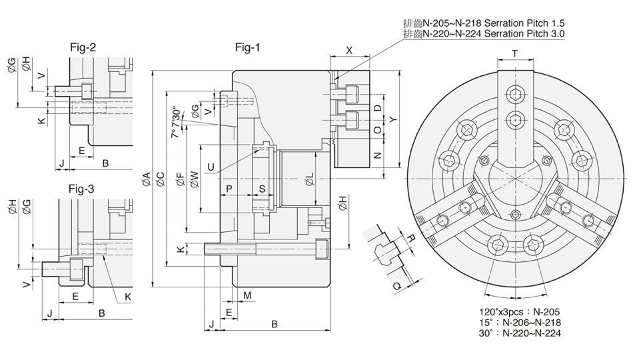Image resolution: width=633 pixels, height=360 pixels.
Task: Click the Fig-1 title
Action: click(248, 47)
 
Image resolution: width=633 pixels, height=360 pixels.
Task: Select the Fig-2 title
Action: click(83, 47)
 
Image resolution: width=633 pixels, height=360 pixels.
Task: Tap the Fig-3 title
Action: click(81, 189)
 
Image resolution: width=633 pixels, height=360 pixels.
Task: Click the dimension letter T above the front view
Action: click(514, 53)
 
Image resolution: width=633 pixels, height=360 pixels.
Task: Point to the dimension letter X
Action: click(349, 50)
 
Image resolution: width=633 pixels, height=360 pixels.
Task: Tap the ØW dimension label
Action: click(194, 178)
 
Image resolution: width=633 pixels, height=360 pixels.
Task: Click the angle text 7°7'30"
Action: click(175, 123)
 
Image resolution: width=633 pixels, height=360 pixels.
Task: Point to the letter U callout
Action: click(211, 167)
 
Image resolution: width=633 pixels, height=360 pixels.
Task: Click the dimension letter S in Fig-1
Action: click(262, 189)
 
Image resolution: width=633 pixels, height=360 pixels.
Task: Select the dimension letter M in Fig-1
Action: click(247, 295)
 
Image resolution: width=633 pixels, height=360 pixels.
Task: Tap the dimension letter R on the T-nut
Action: click(412, 237)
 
